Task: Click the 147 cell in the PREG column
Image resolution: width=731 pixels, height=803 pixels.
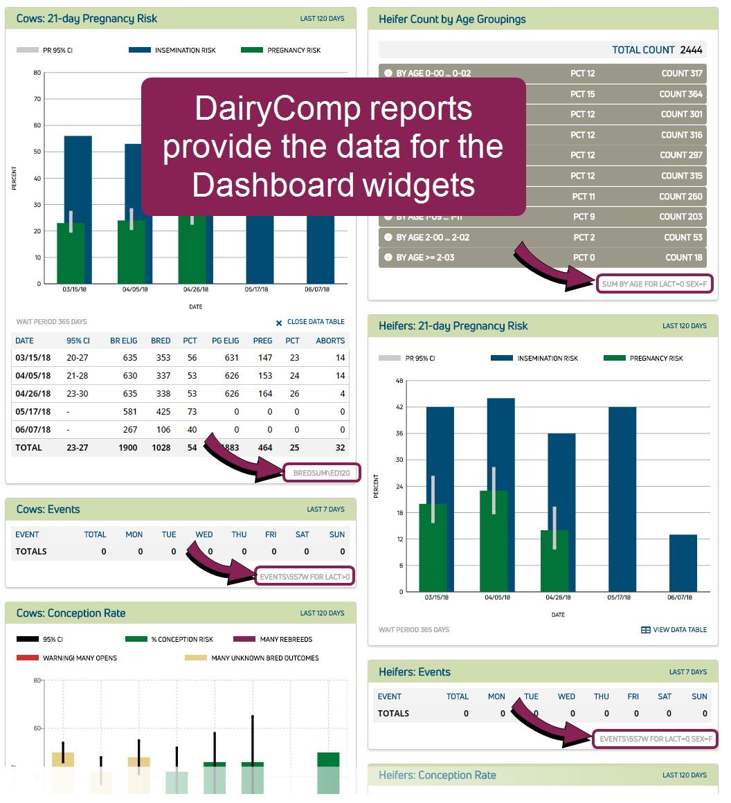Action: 264,358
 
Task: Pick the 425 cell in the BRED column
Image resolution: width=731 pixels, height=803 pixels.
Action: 161,412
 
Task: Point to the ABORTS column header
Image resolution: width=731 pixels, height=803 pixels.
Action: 330,341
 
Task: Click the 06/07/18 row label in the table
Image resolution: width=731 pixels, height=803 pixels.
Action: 33,430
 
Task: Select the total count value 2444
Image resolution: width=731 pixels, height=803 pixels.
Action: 691,50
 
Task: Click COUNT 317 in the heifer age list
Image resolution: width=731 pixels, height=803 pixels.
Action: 681,73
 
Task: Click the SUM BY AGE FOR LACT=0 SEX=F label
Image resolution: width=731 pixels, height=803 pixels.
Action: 656,284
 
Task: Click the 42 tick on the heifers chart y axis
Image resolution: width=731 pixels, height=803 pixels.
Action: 399,407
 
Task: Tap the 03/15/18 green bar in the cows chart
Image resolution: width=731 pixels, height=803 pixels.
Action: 70,253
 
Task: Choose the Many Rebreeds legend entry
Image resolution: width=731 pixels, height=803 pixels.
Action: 285,640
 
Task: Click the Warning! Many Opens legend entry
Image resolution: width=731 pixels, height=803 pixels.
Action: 79,658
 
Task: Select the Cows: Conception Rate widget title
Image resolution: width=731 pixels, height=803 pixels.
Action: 71,613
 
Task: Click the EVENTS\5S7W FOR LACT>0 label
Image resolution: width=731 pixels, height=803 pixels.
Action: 305,577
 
